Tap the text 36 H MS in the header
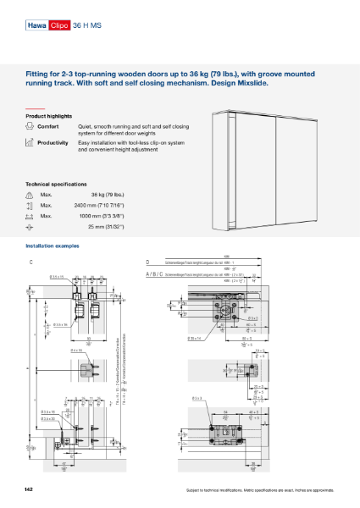pyautogui.click(x=87, y=26)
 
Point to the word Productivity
pyautogui.click(x=54, y=143)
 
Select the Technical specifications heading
pyautogui.click(x=57, y=184)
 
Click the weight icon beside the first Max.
pyautogui.click(x=30, y=194)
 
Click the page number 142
pyautogui.click(x=30, y=490)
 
